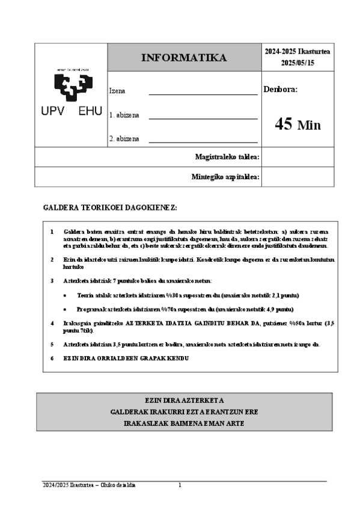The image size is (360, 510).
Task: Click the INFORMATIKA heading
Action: click(184, 58)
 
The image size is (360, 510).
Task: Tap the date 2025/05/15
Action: click(297, 63)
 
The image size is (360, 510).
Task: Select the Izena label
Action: click(117, 91)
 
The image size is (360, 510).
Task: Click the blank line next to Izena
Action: click(203, 94)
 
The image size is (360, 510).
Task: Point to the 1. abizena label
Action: click(124, 115)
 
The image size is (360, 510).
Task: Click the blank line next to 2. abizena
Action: click(203, 141)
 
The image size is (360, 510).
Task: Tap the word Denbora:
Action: click(281, 90)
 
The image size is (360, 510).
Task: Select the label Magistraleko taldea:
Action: click(227, 157)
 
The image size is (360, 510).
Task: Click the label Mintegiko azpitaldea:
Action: click(225, 177)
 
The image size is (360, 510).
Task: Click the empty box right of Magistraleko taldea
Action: click(297, 157)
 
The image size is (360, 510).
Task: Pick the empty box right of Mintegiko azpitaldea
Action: click(297, 177)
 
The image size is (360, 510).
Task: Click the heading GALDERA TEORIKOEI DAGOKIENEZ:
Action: click(110, 207)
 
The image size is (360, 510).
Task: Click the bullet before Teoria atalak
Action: click(65, 295)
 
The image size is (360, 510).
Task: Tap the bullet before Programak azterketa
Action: click(65, 309)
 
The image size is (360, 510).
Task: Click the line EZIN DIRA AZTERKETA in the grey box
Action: click(184, 400)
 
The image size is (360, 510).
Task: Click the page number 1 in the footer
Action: click(180, 485)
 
